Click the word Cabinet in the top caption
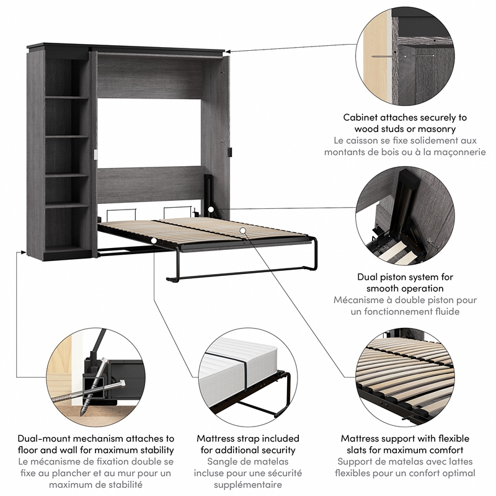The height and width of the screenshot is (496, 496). [x=363, y=117]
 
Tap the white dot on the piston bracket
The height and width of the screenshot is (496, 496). [x=212, y=210]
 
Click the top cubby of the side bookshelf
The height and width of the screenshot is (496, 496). [x=67, y=77]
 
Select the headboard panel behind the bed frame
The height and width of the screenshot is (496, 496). [x=149, y=184]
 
